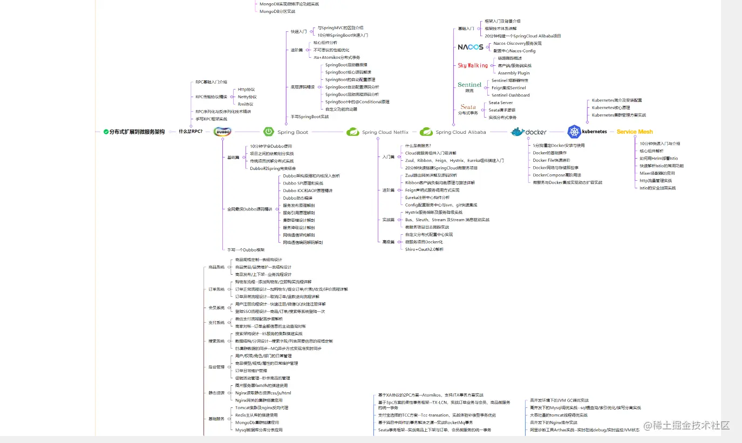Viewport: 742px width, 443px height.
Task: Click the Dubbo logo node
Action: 222,132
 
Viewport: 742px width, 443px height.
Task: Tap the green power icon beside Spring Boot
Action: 268,132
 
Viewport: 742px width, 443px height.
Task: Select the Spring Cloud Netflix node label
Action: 385,132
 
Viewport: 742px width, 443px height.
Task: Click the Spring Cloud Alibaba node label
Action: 461,132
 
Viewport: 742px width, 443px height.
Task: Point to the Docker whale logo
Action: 518,132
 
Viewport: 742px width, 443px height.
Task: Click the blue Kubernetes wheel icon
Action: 574,131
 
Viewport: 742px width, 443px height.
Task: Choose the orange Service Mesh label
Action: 635,132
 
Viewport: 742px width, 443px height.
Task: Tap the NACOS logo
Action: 471,47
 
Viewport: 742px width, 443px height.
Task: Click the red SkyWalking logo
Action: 473,65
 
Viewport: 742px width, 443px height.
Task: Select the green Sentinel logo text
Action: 469,85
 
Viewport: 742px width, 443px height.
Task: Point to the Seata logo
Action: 468,107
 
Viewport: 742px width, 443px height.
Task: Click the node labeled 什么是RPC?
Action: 190,131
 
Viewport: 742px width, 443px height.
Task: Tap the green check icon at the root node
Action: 106,131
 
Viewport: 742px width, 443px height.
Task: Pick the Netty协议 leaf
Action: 247,97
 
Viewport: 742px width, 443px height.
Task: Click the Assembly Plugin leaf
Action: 514,73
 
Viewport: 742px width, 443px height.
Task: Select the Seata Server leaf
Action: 501,103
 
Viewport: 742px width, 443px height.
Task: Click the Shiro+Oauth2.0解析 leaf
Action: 424,249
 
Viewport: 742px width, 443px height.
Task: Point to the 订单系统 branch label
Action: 216,289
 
